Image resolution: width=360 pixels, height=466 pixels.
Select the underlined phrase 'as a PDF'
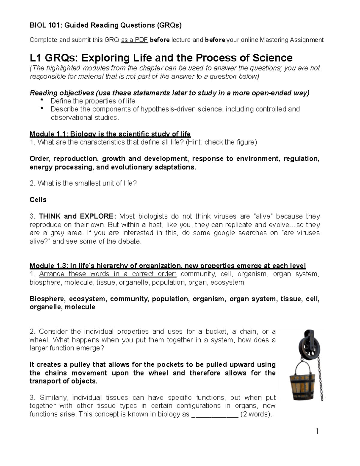[134, 40]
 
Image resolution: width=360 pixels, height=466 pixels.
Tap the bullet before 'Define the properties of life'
[42, 100]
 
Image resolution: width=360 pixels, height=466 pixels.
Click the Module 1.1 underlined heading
[110, 134]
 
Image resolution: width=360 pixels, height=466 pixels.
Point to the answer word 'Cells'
[38, 200]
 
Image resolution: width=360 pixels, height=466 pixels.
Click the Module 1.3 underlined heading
[167, 266]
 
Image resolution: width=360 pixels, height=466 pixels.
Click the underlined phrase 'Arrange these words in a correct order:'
[108, 274]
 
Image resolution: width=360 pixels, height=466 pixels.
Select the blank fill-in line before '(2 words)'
[215, 415]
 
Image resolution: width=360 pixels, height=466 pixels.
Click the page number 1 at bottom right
[317, 431]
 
